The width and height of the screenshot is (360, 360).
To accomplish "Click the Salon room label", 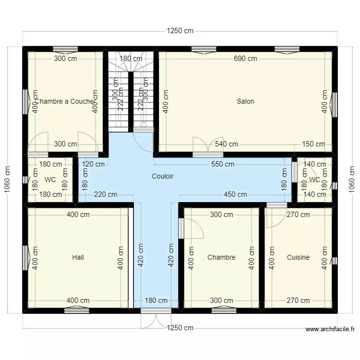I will [245, 101].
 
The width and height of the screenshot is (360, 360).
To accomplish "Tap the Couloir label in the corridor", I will [162, 176].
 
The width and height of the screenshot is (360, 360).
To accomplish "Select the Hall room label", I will [78, 257].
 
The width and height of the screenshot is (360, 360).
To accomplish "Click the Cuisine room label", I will [298, 257].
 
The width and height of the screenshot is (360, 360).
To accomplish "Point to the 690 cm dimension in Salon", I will [245, 59].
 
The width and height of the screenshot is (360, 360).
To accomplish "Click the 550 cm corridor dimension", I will [223, 164].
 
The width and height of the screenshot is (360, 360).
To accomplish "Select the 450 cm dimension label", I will [235, 194].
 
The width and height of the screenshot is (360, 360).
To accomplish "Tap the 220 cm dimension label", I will [106, 194].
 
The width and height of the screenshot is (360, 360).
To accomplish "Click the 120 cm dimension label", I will [93, 164].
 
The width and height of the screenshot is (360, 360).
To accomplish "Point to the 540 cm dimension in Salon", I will [227, 144].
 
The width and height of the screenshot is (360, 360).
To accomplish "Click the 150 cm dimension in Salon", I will [313, 144].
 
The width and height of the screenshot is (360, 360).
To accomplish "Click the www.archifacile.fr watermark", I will [330, 329].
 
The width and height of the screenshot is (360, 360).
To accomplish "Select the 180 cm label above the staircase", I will [131, 59].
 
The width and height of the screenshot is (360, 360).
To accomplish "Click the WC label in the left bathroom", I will [50, 180].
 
